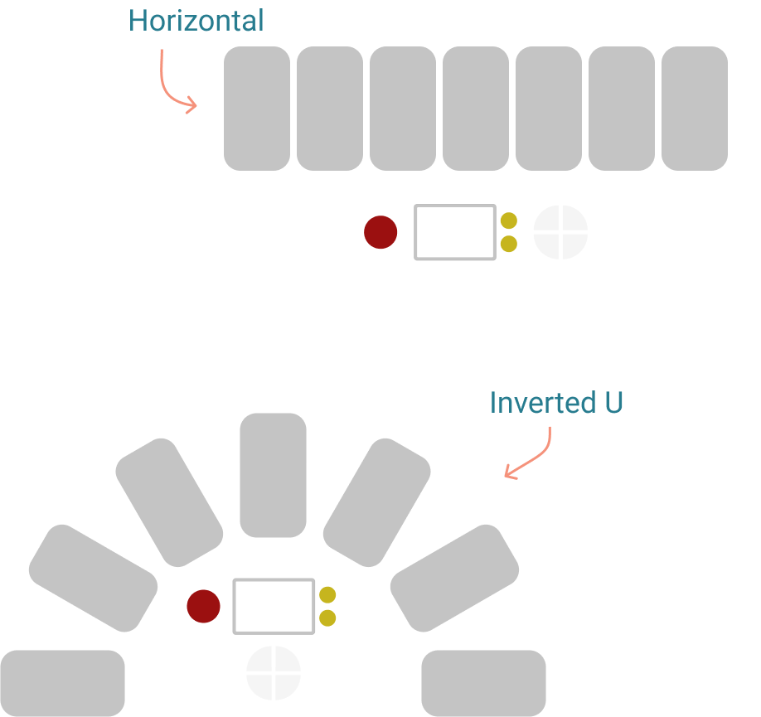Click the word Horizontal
pyautogui.click(x=196, y=21)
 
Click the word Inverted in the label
pyautogui.click(x=543, y=403)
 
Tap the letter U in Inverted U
pyautogui.click(x=614, y=403)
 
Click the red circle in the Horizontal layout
pyautogui.click(x=380, y=232)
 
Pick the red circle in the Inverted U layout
pyautogui.click(x=203, y=606)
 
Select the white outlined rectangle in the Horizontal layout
pyautogui.click(x=455, y=206)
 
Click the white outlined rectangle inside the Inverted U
pyautogui.click(x=274, y=579)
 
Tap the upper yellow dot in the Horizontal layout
pyautogui.click(x=509, y=220)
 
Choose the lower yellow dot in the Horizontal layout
pyautogui.click(x=509, y=244)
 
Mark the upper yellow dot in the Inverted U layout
pyautogui.click(x=327, y=594)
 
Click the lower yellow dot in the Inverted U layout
pyautogui.click(x=327, y=618)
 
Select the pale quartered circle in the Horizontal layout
pyautogui.click(x=560, y=232)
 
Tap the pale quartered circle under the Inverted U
pyautogui.click(x=274, y=673)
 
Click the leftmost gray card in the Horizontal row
pyautogui.click(x=257, y=109)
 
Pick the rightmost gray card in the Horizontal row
pyautogui.click(x=695, y=109)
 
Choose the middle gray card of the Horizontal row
pyautogui.click(x=476, y=109)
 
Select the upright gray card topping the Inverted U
pyautogui.click(x=274, y=475)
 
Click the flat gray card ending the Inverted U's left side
pyautogui.click(x=63, y=683)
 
